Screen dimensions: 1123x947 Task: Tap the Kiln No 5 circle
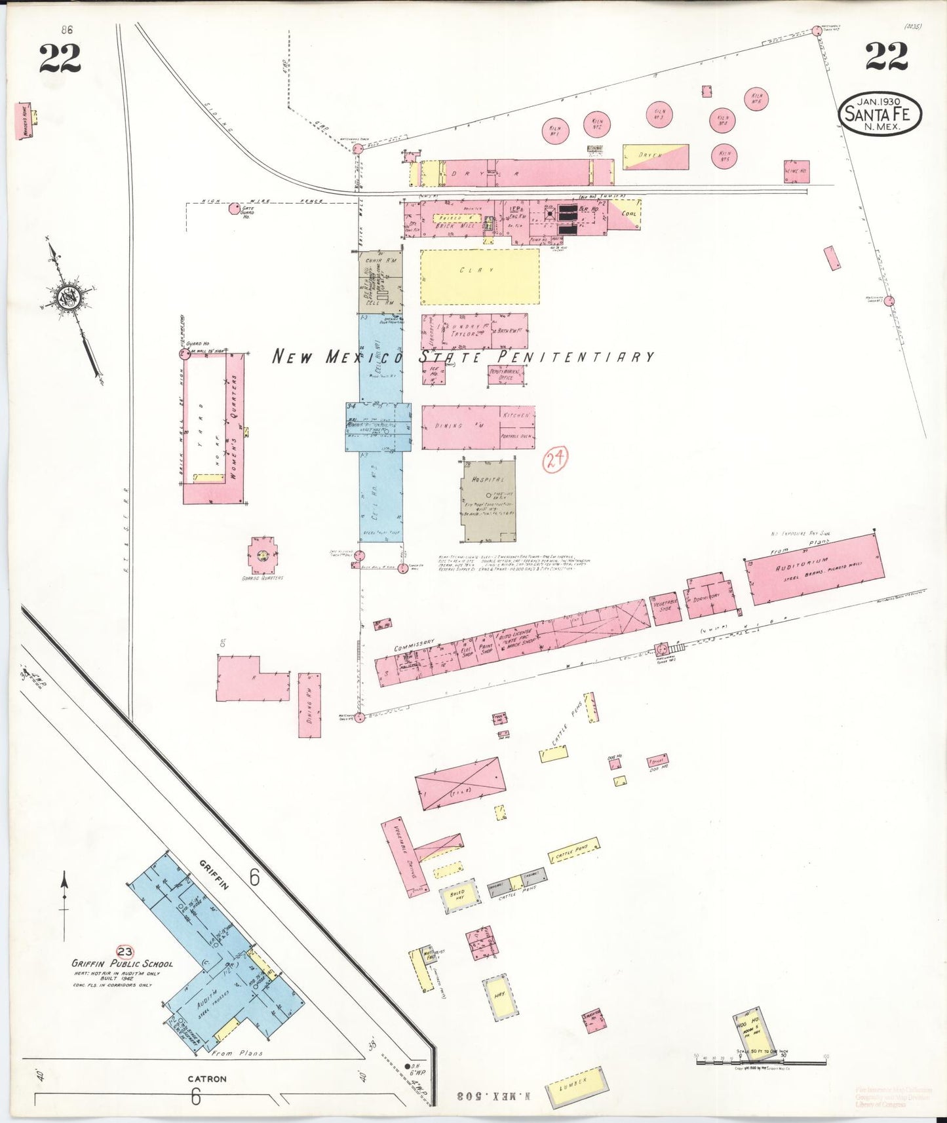pyautogui.click(x=725, y=156)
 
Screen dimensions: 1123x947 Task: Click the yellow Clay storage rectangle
pyautogui.click(x=480, y=276)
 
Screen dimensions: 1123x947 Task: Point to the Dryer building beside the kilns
pyautogui.click(x=656, y=157)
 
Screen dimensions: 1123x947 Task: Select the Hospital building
pyautogui.click(x=489, y=502)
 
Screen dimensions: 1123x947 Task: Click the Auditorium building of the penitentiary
pyautogui.click(x=813, y=569)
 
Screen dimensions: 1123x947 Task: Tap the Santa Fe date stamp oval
pyautogui.click(x=879, y=113)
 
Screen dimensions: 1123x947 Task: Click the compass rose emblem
pyautogui.click(x=68, y=298)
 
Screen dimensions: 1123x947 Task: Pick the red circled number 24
pyautogui.click(x=555, y=459)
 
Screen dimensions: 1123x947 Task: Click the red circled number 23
pyautogui.click(x=125, y=951)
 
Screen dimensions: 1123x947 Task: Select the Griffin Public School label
pyautogui.click(x=123, y=964)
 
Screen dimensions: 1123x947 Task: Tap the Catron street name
pyautogui.click(x=207, y=1078)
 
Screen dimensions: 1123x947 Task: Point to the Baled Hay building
pyautogui.click(x=457, y=896)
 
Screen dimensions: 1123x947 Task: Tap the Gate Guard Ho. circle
pyautogui.click(x=234, y=209)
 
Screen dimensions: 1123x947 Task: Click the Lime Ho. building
pyautogui.click(x=797, y=171)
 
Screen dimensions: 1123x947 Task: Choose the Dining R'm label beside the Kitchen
pyautogui.click(x=450, y=426)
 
